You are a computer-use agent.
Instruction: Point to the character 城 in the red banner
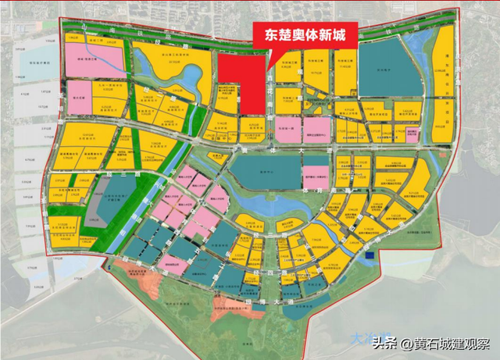(x=347, y=35)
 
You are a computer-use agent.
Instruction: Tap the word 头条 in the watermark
(x=384, y=343)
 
